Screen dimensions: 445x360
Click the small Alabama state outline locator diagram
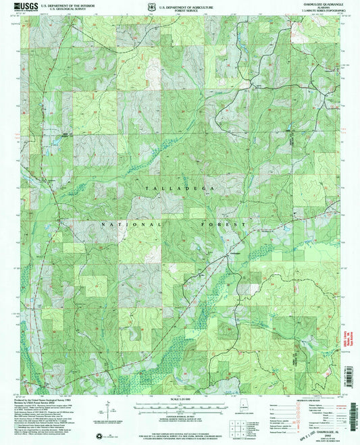click(x=243, y=407)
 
